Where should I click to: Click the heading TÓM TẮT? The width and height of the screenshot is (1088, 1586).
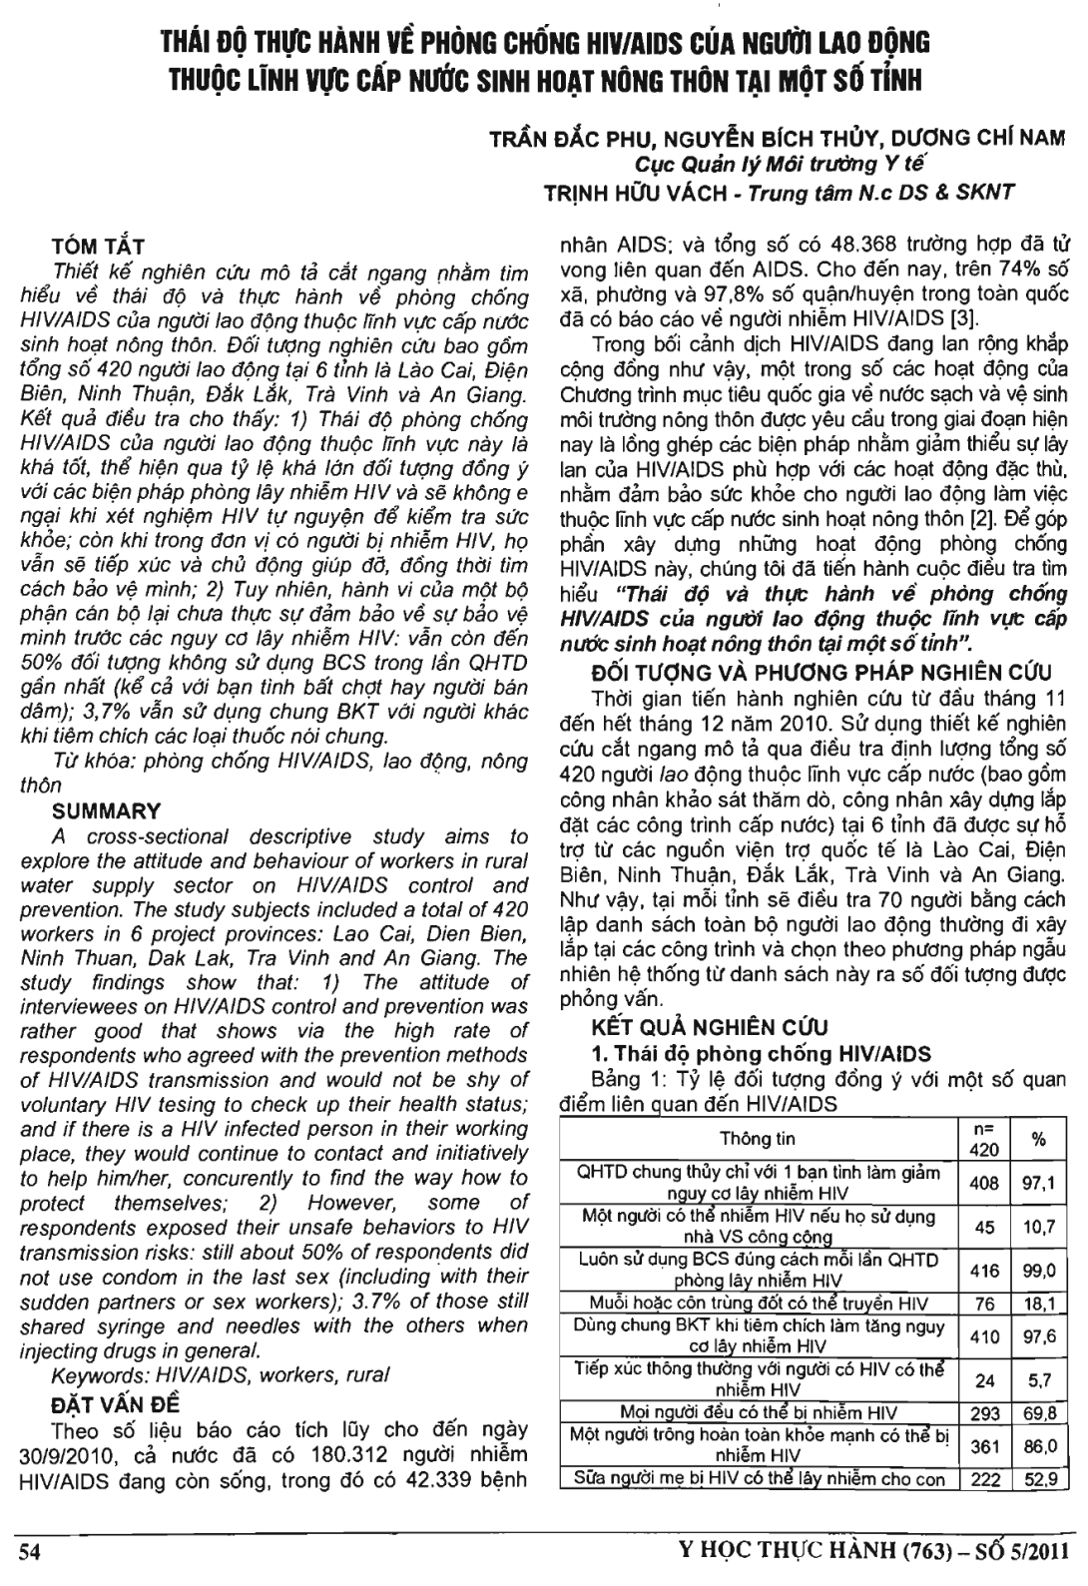click(98, 246)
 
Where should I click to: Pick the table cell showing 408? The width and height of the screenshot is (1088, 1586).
click(984, 1185)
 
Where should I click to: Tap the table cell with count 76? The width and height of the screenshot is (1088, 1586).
click(984, 1304)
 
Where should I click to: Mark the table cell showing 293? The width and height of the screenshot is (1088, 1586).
click(984, 1412)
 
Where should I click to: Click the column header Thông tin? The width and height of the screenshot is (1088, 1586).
click(759, 1139)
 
